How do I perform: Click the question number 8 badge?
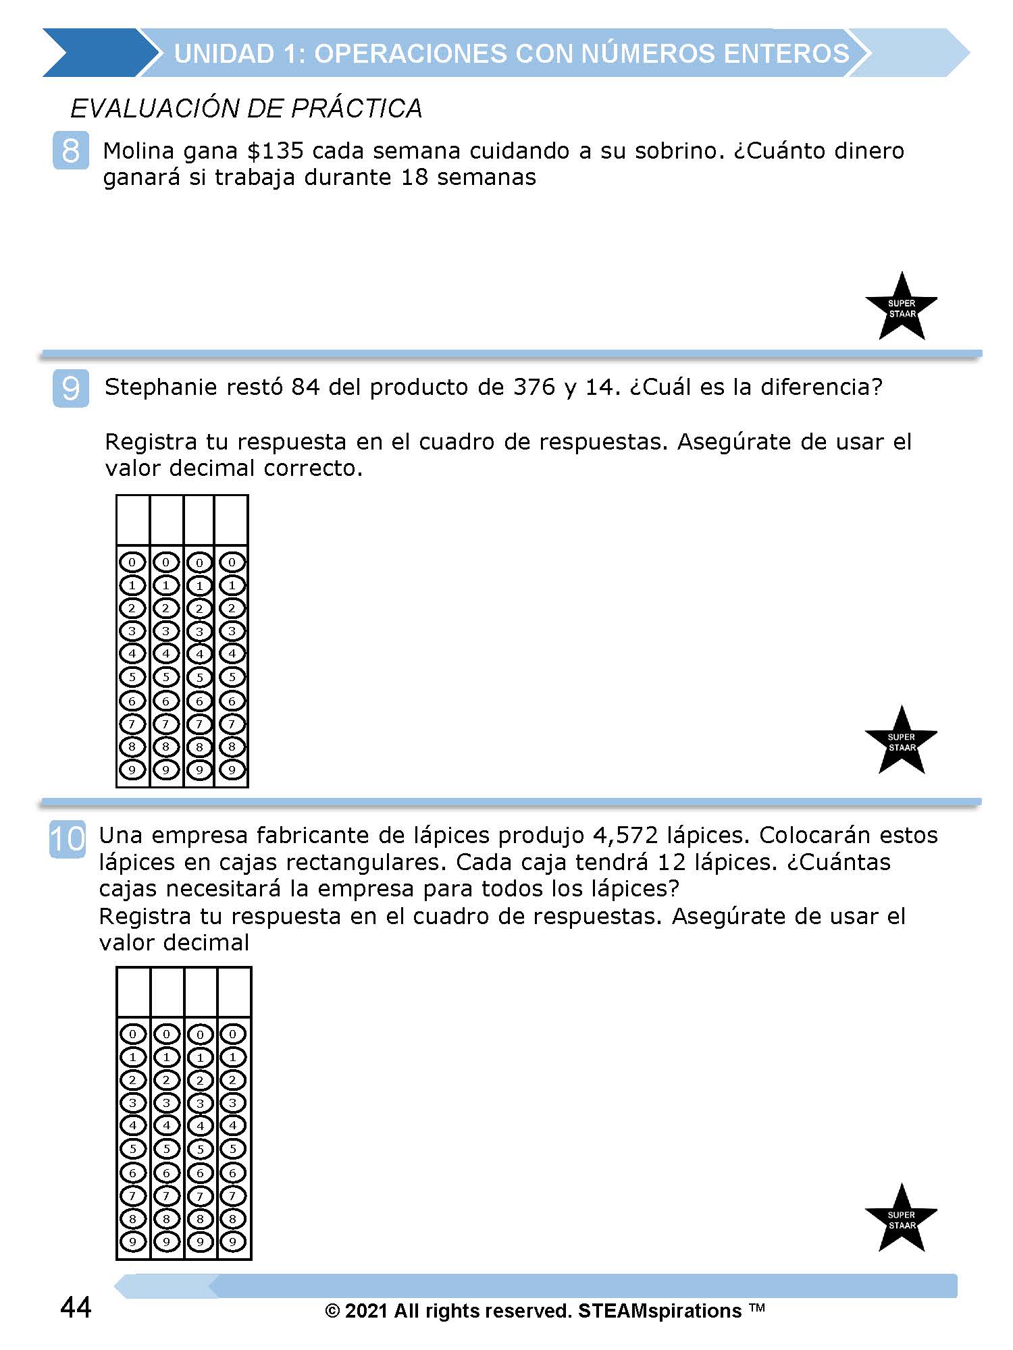[x=70, y=151]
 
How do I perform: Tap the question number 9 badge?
[x=70, y=388]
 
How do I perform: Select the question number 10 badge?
[x=68, y=839]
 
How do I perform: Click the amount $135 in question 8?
[x=275, y=151]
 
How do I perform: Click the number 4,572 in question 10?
[x=625, y=836]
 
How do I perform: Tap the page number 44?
[x=76, y=1307]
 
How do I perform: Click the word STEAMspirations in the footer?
[x=660, y=1311]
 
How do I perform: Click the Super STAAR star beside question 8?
[x=902, y=308]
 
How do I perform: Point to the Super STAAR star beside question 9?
[x=902, y=742]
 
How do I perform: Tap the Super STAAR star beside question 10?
[x=902, y=1220]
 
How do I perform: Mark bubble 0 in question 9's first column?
[x=132, y=562]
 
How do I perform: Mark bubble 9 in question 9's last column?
[x=232, y=769]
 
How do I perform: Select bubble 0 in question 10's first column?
[x=133, y=1033]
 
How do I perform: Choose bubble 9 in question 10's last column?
[x=233, y=1241]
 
